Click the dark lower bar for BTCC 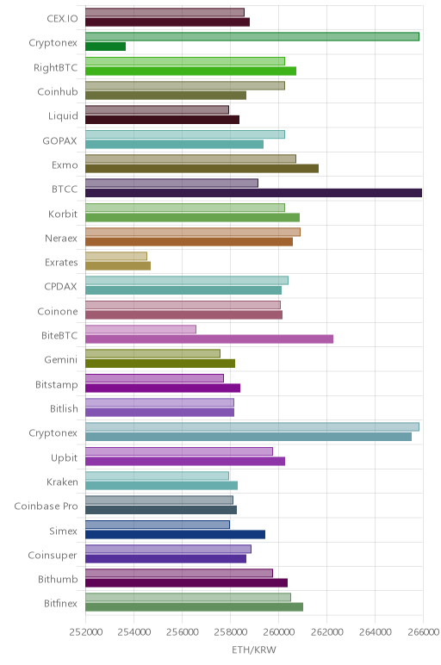point(253,193)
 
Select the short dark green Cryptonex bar point(106,47)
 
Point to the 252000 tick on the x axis point(86,632)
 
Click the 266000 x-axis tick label point(422,632)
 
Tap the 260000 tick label point(278,632)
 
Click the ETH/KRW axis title point(254,649)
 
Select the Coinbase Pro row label point(46,506)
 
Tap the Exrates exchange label point(61,263)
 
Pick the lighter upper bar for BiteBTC point(140,329)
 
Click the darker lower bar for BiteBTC point(209,339)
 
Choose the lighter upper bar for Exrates point(116,256)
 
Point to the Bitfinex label point(61,603)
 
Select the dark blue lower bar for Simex point(175,534)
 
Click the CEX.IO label point(62,19)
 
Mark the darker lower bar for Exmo point(202,168)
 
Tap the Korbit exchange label point(63,214)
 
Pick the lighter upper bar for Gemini point(152,354)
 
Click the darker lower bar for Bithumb point(187,582)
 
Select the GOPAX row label point(59,140)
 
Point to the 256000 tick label point(183,632)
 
